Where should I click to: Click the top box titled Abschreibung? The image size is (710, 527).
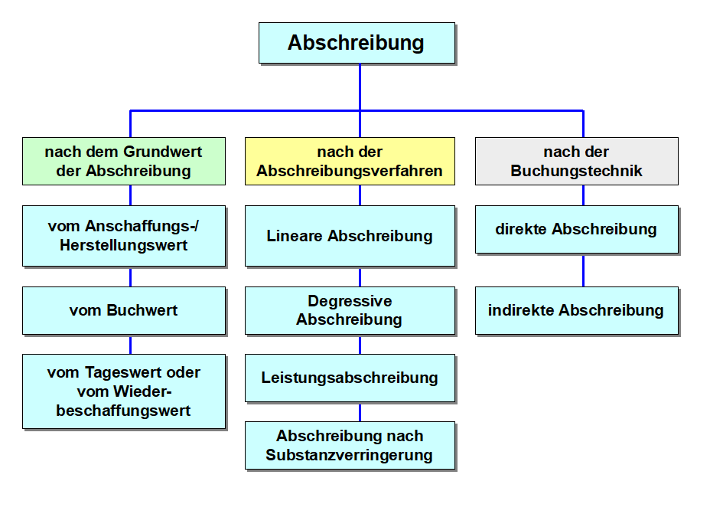[357, 43]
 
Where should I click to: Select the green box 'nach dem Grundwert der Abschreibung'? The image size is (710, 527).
[123, 161]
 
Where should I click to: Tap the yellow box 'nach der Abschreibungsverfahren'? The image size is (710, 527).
[350, 161]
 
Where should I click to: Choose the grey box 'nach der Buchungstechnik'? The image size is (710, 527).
[576, 161]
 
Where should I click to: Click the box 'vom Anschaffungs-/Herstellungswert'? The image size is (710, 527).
[123, 235]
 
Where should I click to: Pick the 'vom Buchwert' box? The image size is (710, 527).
[123, 310]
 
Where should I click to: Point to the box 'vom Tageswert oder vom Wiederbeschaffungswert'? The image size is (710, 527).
[123, 391]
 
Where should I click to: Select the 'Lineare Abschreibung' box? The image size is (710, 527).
[350, 236]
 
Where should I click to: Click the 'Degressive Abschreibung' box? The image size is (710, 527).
[350, 310]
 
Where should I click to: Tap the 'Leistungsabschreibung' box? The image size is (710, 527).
[350, 378]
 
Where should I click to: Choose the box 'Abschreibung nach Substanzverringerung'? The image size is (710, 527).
[350, 445]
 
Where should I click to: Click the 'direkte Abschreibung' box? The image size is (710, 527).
[576, 229]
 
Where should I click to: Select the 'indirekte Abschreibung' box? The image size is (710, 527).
[576, 310]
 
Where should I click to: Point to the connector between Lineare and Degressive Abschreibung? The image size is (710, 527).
[360, 277]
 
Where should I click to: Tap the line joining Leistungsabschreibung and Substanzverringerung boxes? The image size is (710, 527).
[360, 411]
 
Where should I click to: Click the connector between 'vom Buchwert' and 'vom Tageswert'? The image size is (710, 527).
[130, 344]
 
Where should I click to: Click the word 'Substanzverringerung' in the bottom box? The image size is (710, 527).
[350, 455]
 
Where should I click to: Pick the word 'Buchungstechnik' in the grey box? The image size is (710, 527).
[576, 171]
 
